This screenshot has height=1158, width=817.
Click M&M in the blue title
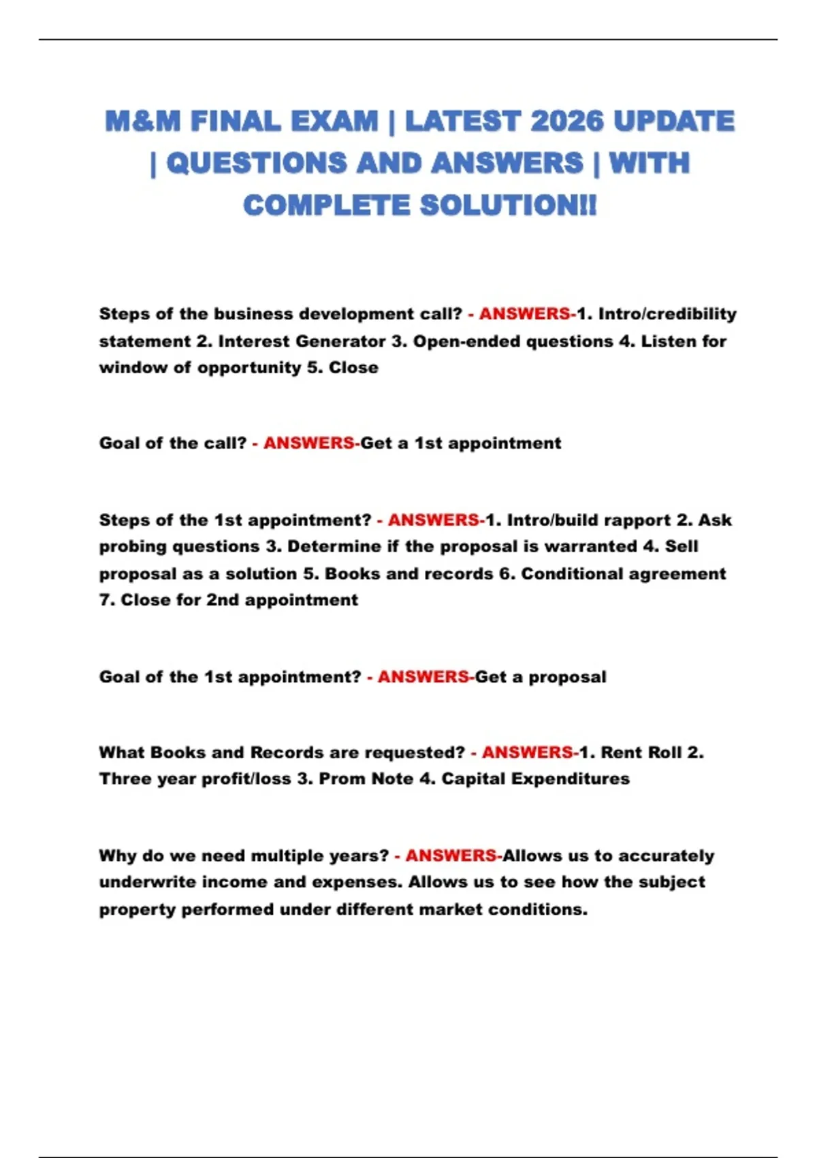coord(143,121)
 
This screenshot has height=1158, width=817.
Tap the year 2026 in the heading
coord(566,121)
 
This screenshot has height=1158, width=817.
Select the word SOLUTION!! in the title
coord(508,205)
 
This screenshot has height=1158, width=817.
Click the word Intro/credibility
coord(667,314)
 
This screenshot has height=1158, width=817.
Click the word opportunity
coord(249,368)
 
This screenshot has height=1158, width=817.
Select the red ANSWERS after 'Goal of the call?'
coord(309,443)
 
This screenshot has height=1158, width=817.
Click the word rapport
coord(637,520)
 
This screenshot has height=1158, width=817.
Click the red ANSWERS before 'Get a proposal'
coord(423,677)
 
